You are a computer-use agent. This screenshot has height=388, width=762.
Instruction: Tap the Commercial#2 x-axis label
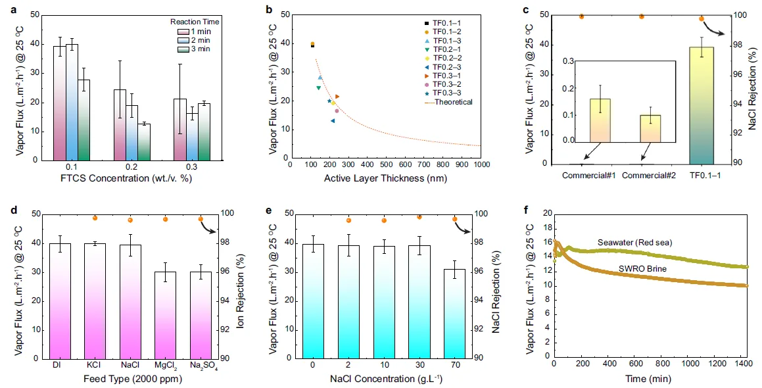642,176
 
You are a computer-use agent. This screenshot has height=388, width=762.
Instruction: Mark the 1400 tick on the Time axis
743,364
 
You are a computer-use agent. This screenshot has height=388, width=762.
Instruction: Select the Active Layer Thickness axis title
385,179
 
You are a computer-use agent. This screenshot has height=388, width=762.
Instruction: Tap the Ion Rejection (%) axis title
247,286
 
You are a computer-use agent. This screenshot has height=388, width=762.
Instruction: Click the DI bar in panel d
60,301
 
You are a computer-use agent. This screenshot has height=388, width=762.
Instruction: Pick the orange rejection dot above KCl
95,218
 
